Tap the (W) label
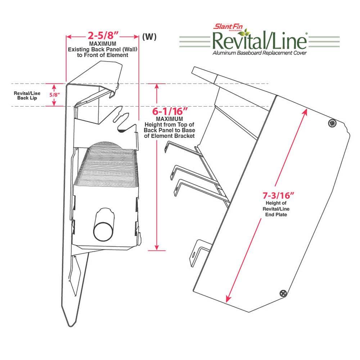149,37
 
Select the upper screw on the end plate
332,123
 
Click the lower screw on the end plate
284,293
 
